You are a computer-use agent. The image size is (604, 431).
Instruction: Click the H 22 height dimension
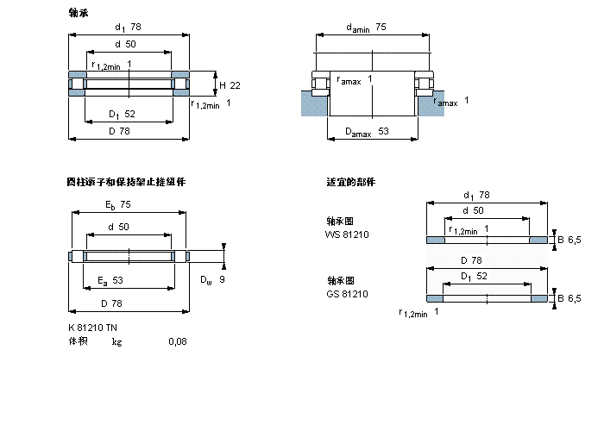[230, 84]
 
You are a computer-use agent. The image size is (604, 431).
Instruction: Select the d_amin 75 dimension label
[366, 28]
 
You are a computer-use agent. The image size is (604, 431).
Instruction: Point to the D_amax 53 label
[367, 132]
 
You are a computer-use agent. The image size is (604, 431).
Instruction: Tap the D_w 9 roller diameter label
[212, 279]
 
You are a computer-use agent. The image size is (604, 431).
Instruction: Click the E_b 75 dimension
[118, 205]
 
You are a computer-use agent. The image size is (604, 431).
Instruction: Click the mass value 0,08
[177, 341]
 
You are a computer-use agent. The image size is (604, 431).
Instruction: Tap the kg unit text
[116, 341]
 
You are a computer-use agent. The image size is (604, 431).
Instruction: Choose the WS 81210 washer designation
[347, 234]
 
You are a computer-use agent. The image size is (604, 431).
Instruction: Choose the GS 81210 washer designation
[347, 294]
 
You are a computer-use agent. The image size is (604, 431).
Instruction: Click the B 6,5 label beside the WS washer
[569, 239]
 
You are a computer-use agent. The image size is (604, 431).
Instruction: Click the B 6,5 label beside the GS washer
[569, 298]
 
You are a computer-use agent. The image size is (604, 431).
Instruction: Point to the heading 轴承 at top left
[78, 13]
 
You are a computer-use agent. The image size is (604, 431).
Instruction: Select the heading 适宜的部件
[350, 182]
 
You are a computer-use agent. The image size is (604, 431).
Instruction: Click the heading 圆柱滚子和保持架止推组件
[126, 182]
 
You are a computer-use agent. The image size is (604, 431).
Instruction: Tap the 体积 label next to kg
[78, 341]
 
